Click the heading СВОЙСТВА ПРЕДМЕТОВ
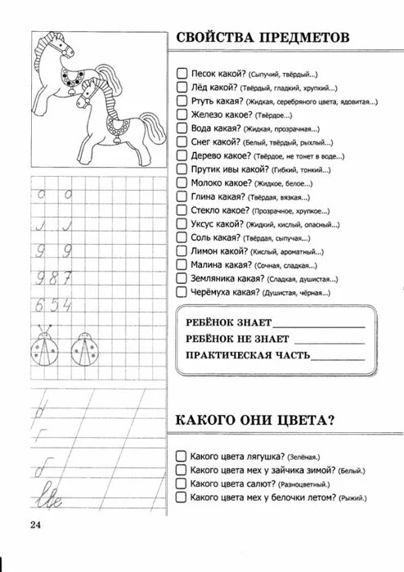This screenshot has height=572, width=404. pos(261,38)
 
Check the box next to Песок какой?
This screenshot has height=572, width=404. pos(182,72)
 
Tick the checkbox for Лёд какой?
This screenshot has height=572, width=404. pos(182,87)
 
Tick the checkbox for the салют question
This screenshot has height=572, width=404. pos(182,484)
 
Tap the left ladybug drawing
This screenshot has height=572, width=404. pos(47,347)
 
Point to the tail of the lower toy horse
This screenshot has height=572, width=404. pos(148,127)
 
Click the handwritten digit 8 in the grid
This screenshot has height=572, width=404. pos(56,277)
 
